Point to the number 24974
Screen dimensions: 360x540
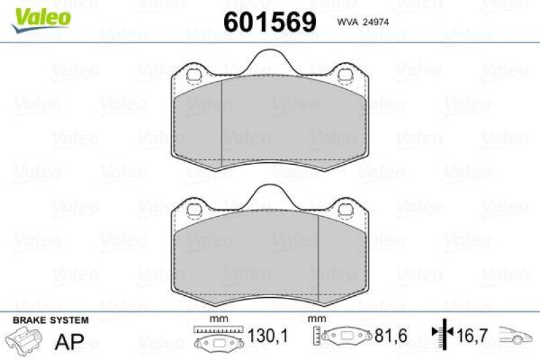[375, 22]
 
